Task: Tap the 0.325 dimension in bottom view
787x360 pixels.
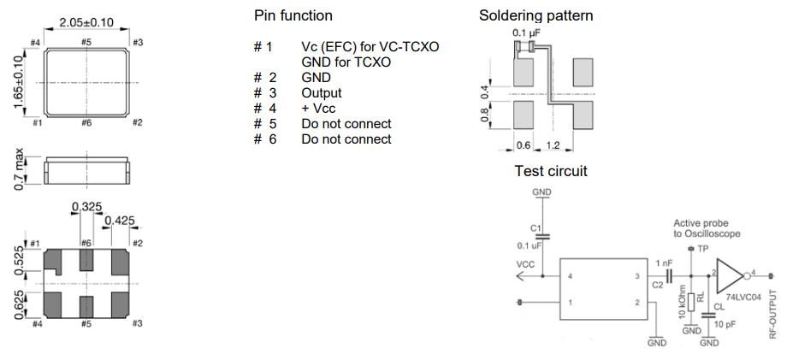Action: [x=86, y=207]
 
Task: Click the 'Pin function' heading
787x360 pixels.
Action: [x=293, y=16]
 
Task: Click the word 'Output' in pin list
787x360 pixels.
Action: [x=321, y=92]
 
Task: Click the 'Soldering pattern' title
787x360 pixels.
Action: [x=536, y=16]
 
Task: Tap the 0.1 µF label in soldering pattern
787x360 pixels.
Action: [x=527, y=33]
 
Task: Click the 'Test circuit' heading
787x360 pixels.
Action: [x=551, y=172]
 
